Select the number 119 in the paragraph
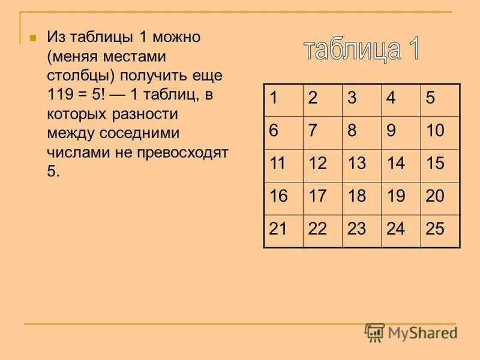tap(59, 94)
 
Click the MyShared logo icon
tap(374, 332)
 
